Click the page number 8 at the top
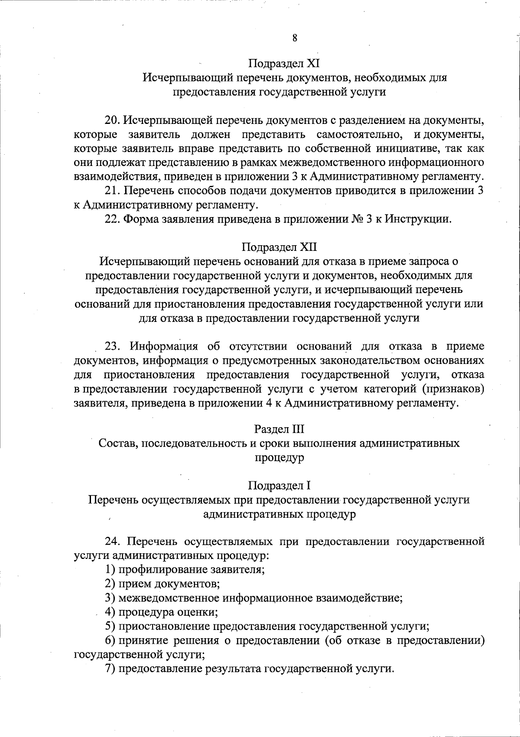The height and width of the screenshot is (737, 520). tap(295, 38)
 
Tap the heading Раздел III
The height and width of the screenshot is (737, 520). tap(279, 429)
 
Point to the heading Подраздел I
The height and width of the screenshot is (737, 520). tap(279, 485)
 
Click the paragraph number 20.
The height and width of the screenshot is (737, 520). tap(112, 120)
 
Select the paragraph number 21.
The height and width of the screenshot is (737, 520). tap(112, 191)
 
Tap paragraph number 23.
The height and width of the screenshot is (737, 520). tap(112, 346)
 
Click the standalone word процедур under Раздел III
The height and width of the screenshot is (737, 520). tap(279, 458)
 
